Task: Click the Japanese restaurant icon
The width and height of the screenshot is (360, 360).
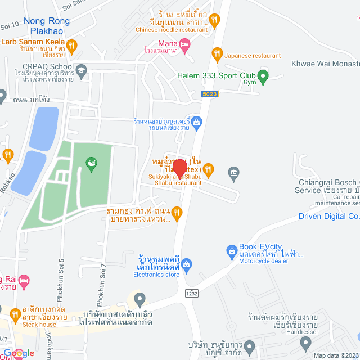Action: click(x=217, y=55)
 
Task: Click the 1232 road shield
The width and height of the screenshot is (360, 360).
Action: click(x=192, y=293)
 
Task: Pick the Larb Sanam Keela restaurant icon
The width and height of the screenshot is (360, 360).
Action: click(x=71, y=45)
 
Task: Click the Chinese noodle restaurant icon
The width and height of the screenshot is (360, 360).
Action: click(x=214, y=21)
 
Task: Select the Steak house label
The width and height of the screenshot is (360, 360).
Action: click(x=39, y=325)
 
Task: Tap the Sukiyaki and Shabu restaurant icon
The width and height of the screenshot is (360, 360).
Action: click(x=208, y=168)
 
